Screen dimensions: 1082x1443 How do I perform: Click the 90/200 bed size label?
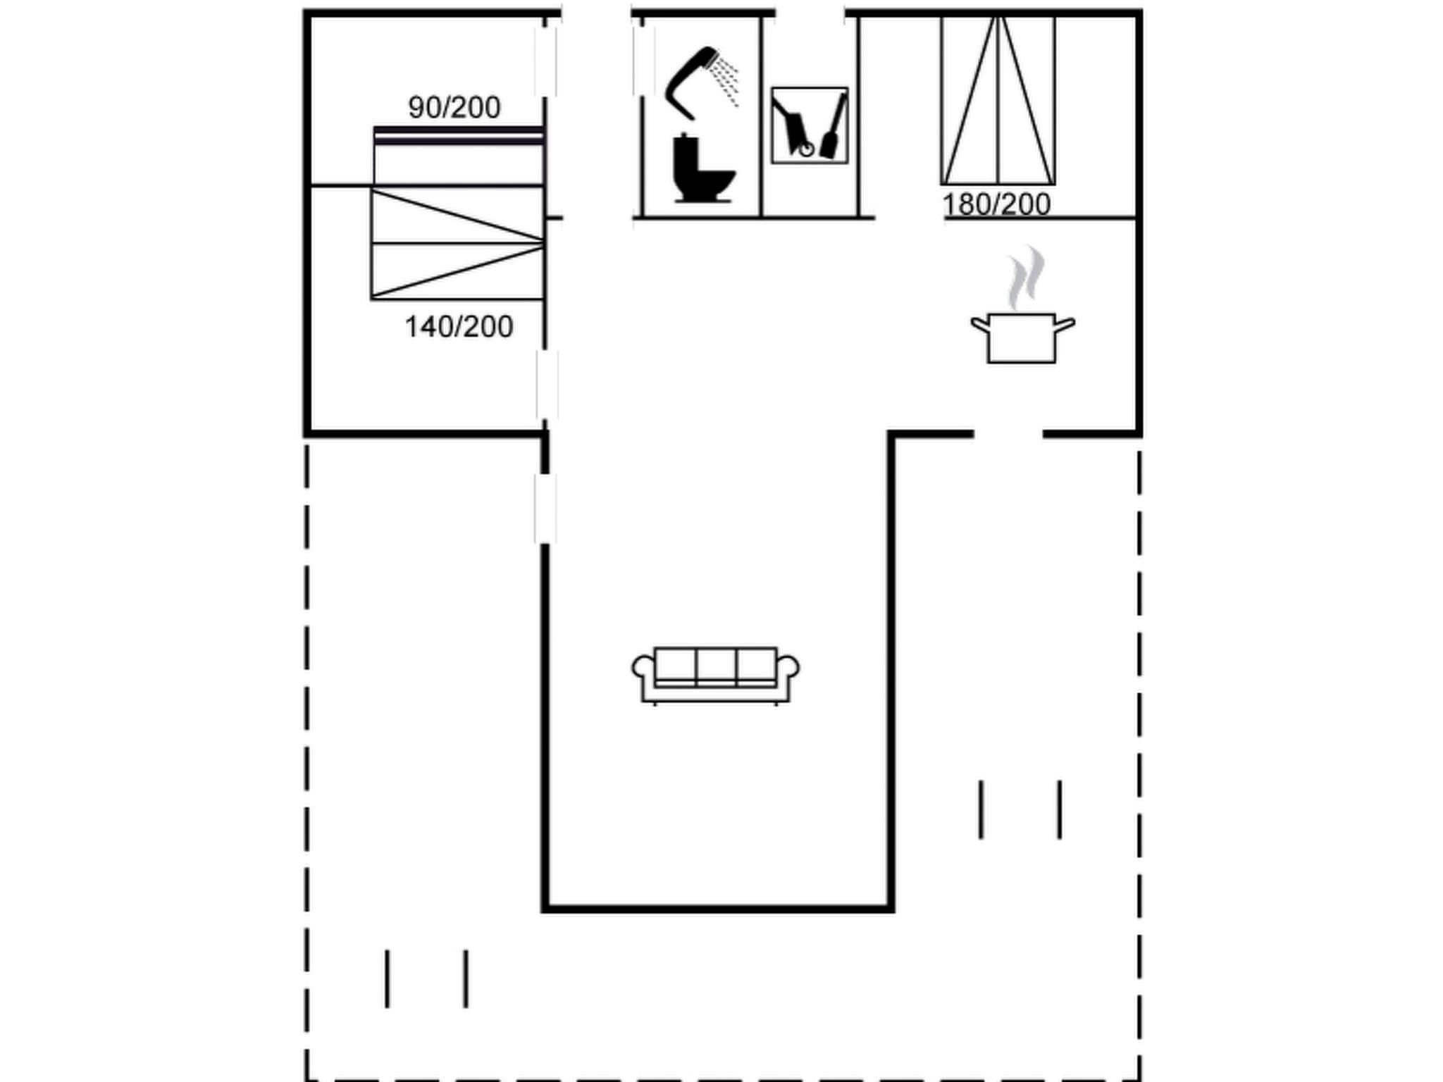tap(454, 108)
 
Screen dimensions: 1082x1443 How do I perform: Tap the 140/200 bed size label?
tap(459, 327)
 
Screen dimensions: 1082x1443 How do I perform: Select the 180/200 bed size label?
tap(996, 204)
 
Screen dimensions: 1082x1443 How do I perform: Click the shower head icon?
tap(700, 81)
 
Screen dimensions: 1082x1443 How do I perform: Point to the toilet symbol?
tap(702, 169)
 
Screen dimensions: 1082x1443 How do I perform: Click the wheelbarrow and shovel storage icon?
tap(809, 125)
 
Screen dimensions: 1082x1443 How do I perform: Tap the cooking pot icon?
tap(1022, 338)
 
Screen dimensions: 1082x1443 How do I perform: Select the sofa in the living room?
tap(715, 675)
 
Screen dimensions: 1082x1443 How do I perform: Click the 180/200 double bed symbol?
tap(998, 101)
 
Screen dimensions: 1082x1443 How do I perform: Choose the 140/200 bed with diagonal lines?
tap(457, 244)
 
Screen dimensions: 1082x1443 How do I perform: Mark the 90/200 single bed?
tap(458, 156)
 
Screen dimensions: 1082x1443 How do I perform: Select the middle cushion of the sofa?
tap(716, 666)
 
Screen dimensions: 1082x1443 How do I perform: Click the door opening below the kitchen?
tap(1008, 434)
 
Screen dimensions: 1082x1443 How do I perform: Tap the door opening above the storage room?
tap(810, 13)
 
